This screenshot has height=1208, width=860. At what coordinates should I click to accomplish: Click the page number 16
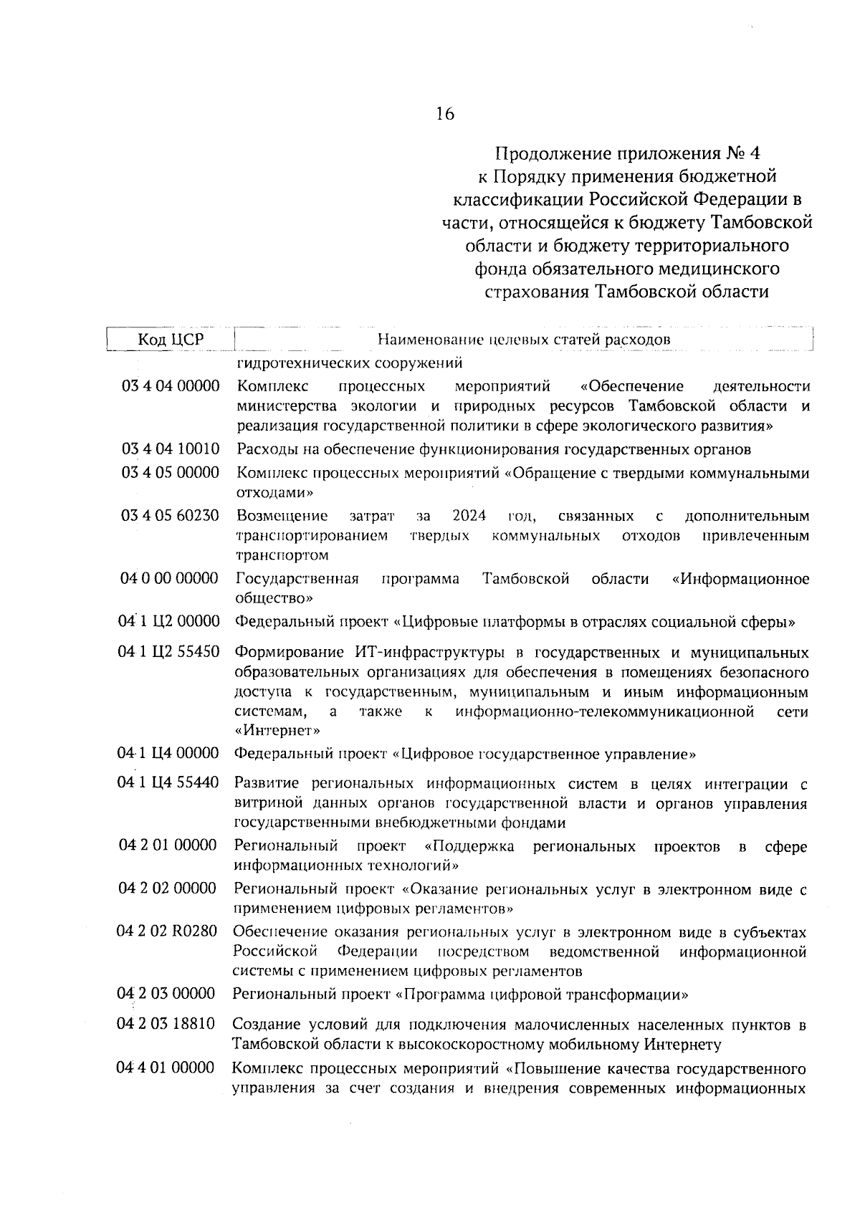coord(444,114)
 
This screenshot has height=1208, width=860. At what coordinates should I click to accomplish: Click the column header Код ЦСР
coord(171,340)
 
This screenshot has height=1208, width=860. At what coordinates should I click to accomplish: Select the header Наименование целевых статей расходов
coord(524,340)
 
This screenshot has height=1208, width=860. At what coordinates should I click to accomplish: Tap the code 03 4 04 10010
coord(171,449)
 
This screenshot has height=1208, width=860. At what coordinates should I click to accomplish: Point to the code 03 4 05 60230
coord(171,516)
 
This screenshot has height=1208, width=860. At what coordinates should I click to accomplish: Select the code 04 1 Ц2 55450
coord(169,653)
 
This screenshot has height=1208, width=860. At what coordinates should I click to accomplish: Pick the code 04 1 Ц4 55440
coord(168,783)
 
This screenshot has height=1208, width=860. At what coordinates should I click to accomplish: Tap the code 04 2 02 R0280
coord(167,932)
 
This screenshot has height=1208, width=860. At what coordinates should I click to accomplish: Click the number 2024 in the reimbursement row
coord(469,516)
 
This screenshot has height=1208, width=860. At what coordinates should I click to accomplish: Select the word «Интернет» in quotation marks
coord(277,731)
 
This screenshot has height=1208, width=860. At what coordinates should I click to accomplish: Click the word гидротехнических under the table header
coord(298,362)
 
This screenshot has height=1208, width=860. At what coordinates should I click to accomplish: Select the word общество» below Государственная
coord(274,598)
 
